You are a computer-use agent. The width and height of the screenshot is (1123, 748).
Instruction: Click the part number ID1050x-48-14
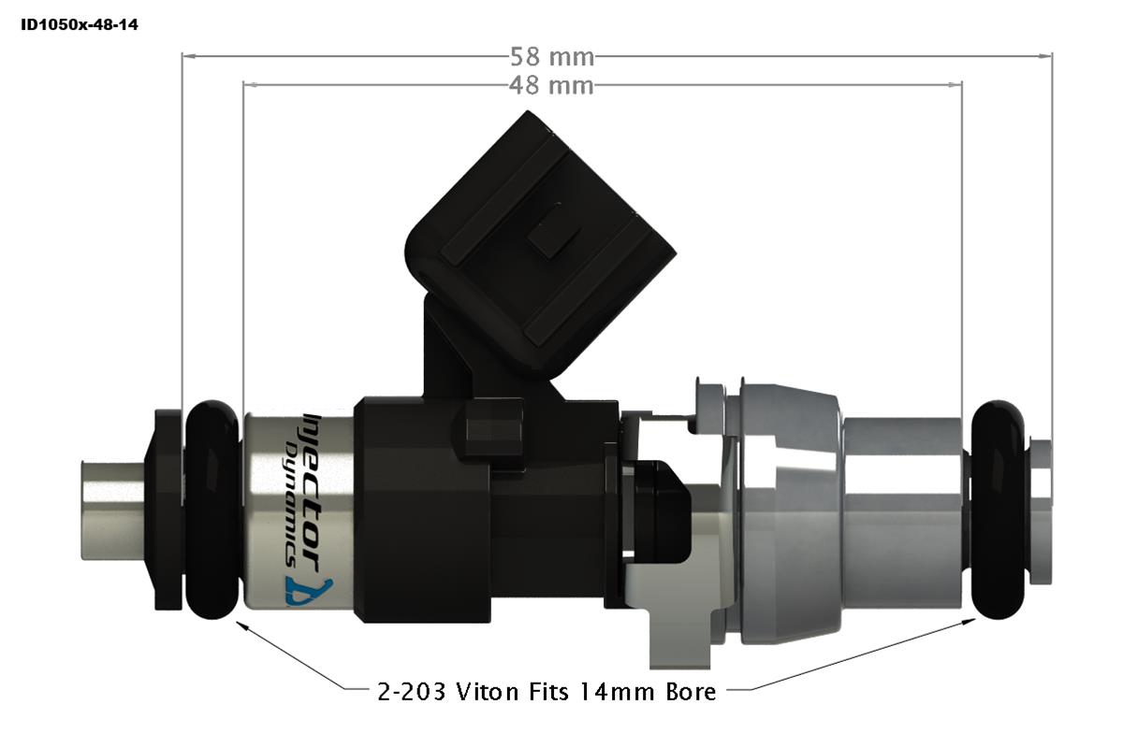(x=79, y=25)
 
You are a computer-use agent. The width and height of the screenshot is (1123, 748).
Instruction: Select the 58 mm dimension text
(x=552, y=56)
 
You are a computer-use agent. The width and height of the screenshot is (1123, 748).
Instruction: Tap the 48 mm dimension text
(x=552, y=85)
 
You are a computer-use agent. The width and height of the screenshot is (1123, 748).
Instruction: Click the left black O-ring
(x=213, y=510)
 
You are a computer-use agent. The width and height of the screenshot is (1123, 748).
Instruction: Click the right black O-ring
(x=998, y=510)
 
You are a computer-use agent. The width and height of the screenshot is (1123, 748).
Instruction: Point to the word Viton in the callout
(x=492, y=692)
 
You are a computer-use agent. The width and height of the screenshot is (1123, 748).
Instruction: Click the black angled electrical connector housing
(x=543, y=234)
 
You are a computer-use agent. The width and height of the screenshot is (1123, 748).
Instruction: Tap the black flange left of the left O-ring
(x=168, y=510)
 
